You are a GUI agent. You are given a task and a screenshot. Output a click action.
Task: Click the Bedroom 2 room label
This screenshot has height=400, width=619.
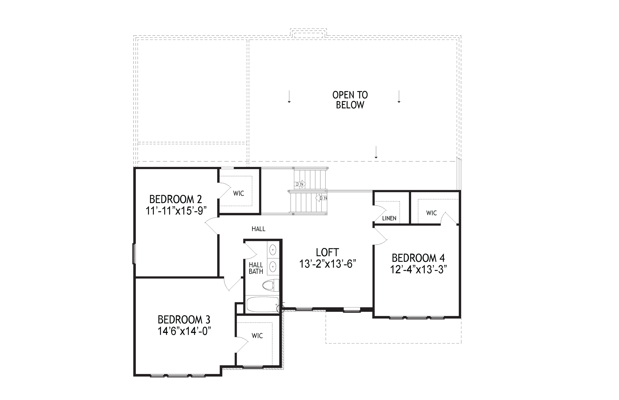(x=176, y=199)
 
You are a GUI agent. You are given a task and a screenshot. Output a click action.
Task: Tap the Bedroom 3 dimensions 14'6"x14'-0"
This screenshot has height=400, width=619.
(x=184, y=331)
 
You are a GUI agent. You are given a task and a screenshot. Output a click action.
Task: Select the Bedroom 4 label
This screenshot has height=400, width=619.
(x=418, y=258)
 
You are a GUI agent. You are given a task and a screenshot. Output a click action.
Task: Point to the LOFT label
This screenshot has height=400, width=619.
(x=327, y=252)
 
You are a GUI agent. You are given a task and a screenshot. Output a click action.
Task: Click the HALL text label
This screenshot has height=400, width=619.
(x=258, y=229)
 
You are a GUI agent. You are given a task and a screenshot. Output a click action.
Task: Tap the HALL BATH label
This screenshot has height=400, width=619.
(x=256, y=268)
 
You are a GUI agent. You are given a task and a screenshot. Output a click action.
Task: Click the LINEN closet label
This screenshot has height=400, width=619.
(x=389, y=218)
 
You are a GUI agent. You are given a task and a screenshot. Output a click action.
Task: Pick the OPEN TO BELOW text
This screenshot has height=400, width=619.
(x=350, y=100)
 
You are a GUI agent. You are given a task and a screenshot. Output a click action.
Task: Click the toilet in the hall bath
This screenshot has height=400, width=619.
(x=271, y=286)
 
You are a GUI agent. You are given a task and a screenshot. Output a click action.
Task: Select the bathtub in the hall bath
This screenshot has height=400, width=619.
(x=263, y=304)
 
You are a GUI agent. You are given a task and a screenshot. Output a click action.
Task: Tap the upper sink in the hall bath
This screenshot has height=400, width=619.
(x=273, y=250)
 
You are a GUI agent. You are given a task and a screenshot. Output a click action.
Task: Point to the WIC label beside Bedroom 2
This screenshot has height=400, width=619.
(x=238, y=193)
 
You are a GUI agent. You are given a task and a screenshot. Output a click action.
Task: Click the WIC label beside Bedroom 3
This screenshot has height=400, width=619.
(x=257, y=336)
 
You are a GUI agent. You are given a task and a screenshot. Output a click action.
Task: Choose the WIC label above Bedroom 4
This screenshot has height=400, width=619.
(x=431, y=213)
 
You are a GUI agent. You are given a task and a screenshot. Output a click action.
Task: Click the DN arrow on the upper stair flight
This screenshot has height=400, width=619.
(x=300, y=184)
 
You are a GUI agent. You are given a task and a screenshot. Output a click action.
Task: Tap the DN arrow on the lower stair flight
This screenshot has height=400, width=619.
(x=321, y=198)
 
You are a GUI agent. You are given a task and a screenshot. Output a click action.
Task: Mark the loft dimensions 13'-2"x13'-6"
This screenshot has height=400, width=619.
(x=328, y=264)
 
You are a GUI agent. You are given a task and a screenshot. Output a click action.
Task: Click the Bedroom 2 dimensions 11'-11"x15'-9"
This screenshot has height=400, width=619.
(x=176, y=211)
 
